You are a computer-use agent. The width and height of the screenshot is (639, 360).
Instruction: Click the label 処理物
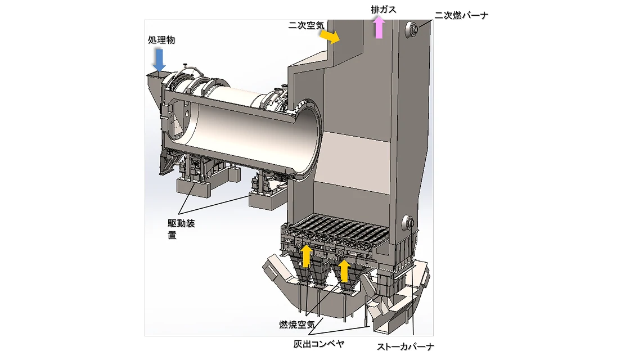click(x=161, y=40)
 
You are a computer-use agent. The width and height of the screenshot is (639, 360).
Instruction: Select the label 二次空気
click(x=306, y=25)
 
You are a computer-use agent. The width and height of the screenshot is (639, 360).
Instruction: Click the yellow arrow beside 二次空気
click(x=329, y=36)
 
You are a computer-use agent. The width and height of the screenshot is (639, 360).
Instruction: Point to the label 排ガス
click(x=384, y=10)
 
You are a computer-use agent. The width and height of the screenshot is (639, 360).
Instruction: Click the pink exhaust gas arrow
click(x=379, y=27)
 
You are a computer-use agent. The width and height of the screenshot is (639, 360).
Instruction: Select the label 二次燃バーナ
click(x=461, y=16)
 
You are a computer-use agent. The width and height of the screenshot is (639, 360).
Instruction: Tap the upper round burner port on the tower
click(x=411, y=29)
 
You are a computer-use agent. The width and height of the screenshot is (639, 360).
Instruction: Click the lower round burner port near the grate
click(x=408, y=223)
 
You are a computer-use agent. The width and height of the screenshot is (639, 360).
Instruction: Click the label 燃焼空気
click(x=296, y=325)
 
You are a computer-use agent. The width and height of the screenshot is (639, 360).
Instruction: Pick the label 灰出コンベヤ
click(x=319, y=344)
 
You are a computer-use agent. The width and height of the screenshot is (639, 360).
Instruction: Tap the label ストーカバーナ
click(x=405, y=347)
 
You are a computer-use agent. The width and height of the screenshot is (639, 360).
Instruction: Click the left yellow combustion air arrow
click(x=306, y=256)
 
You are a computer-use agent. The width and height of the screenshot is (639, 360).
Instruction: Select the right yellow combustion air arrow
click(x=344, y=271)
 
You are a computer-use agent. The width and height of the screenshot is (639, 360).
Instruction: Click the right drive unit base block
click(x=267, y=199)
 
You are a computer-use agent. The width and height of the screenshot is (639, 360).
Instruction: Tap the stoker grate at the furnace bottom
click(x=338, y=231)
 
